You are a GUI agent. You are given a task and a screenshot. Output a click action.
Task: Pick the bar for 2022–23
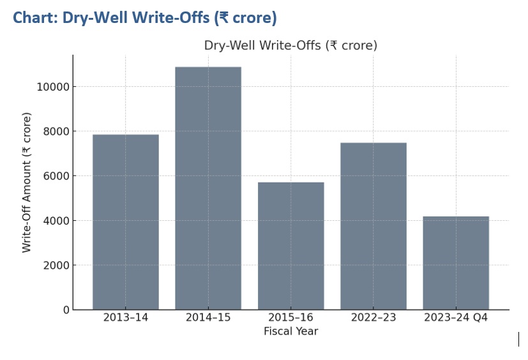click(373, 226)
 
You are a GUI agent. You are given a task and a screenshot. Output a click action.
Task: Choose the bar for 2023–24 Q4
click(456, 263)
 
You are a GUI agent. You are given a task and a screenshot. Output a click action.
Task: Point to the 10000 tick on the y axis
click(53, 87)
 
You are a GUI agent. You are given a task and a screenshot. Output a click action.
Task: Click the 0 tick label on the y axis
click(66, 310)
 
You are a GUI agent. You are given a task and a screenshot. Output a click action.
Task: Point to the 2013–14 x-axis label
click(125, 318)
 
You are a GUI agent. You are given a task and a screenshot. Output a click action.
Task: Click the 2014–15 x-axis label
click(208, 318)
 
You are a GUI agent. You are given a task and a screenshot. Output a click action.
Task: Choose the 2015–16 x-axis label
click(290, 318)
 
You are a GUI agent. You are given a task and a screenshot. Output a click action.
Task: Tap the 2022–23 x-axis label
click(373, 318)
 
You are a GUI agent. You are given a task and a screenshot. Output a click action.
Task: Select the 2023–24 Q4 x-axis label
click(456, 318)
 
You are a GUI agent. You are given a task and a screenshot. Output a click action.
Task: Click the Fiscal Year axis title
click(290, 331)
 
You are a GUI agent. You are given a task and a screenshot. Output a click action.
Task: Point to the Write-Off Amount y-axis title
click(27, 183)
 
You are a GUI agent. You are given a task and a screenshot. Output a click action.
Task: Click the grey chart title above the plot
click(290, 45)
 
